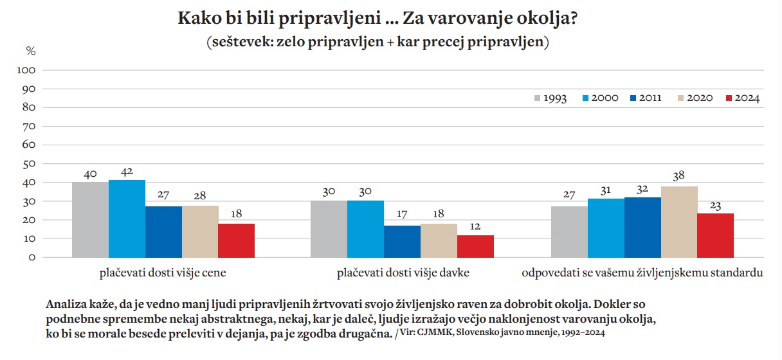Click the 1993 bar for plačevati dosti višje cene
[90, 220]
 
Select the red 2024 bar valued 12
[475, 246]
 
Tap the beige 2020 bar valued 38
[678, 222]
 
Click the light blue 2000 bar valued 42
[127, 219]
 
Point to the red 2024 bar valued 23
[715, 235]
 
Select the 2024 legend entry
[742, 98]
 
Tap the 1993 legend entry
[550, 98]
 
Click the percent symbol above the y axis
[30, 50]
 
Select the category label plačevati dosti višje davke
[403, 273]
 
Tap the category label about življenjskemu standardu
[642, 273]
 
